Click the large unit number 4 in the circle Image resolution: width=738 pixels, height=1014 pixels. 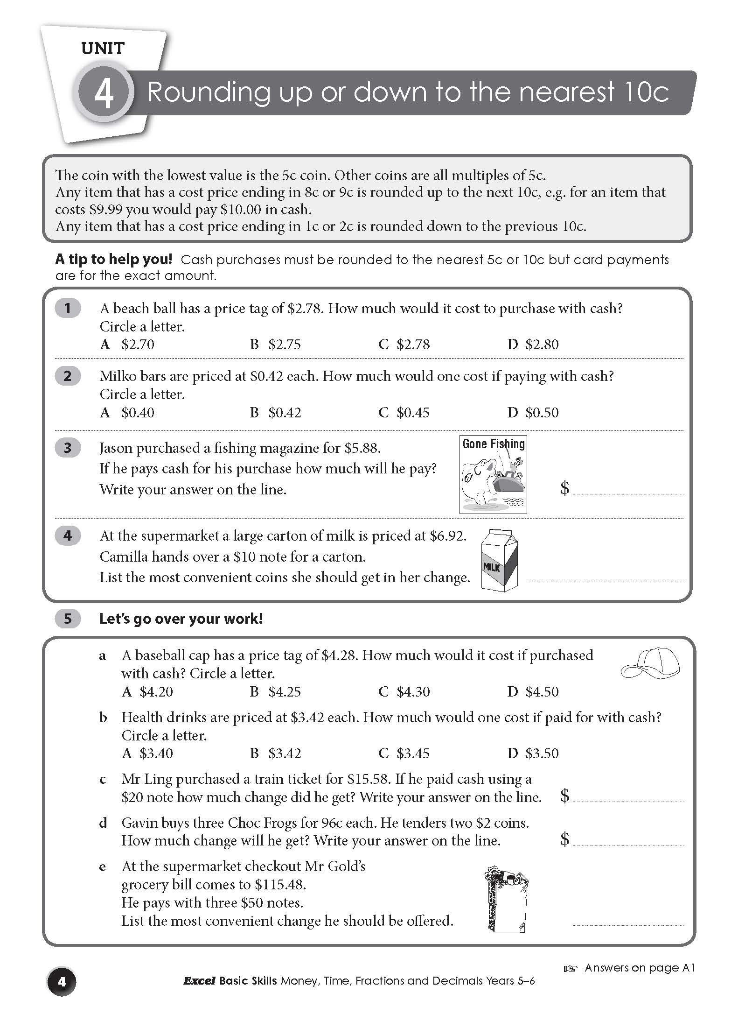point(104,92)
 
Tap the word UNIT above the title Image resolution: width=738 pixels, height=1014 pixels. point(103,48)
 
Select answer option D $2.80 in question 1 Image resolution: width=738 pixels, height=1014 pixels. point(533,345)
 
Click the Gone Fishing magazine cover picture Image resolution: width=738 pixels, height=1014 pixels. point(493,474)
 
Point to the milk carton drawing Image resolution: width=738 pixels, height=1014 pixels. point(500,561)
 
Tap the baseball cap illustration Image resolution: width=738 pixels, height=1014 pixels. point(650,663)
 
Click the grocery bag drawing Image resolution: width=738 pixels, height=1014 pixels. point(505,899)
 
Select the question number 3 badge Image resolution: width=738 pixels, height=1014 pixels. point(68,448)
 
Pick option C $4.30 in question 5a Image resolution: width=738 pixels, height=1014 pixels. point(404,691)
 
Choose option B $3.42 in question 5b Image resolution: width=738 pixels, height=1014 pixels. point(276,753)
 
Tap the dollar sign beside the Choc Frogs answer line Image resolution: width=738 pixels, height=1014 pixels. point(564,839)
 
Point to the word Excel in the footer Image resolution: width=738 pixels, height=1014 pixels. point(199,981)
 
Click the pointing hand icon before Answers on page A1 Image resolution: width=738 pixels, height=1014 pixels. point(570,969)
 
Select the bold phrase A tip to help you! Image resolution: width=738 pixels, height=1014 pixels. point(113,259)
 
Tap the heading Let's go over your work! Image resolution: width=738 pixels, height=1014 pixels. point(181,619)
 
